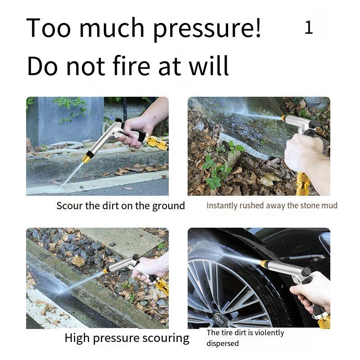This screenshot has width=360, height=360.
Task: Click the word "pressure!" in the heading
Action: (x=207, y=29)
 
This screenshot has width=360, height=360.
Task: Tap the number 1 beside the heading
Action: (x=309, y=27)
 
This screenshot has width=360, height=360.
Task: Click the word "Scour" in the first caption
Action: (x=69, y=206)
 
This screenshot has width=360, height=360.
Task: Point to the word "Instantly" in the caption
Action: (x=222, y=206)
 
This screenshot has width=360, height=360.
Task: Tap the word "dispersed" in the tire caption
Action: (x=222, y=343)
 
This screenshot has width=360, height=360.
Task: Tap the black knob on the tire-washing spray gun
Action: (x=306, y=273)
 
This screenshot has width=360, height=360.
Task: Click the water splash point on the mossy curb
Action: (x=61, y=292)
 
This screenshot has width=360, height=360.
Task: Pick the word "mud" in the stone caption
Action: (x=329, y=206)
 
